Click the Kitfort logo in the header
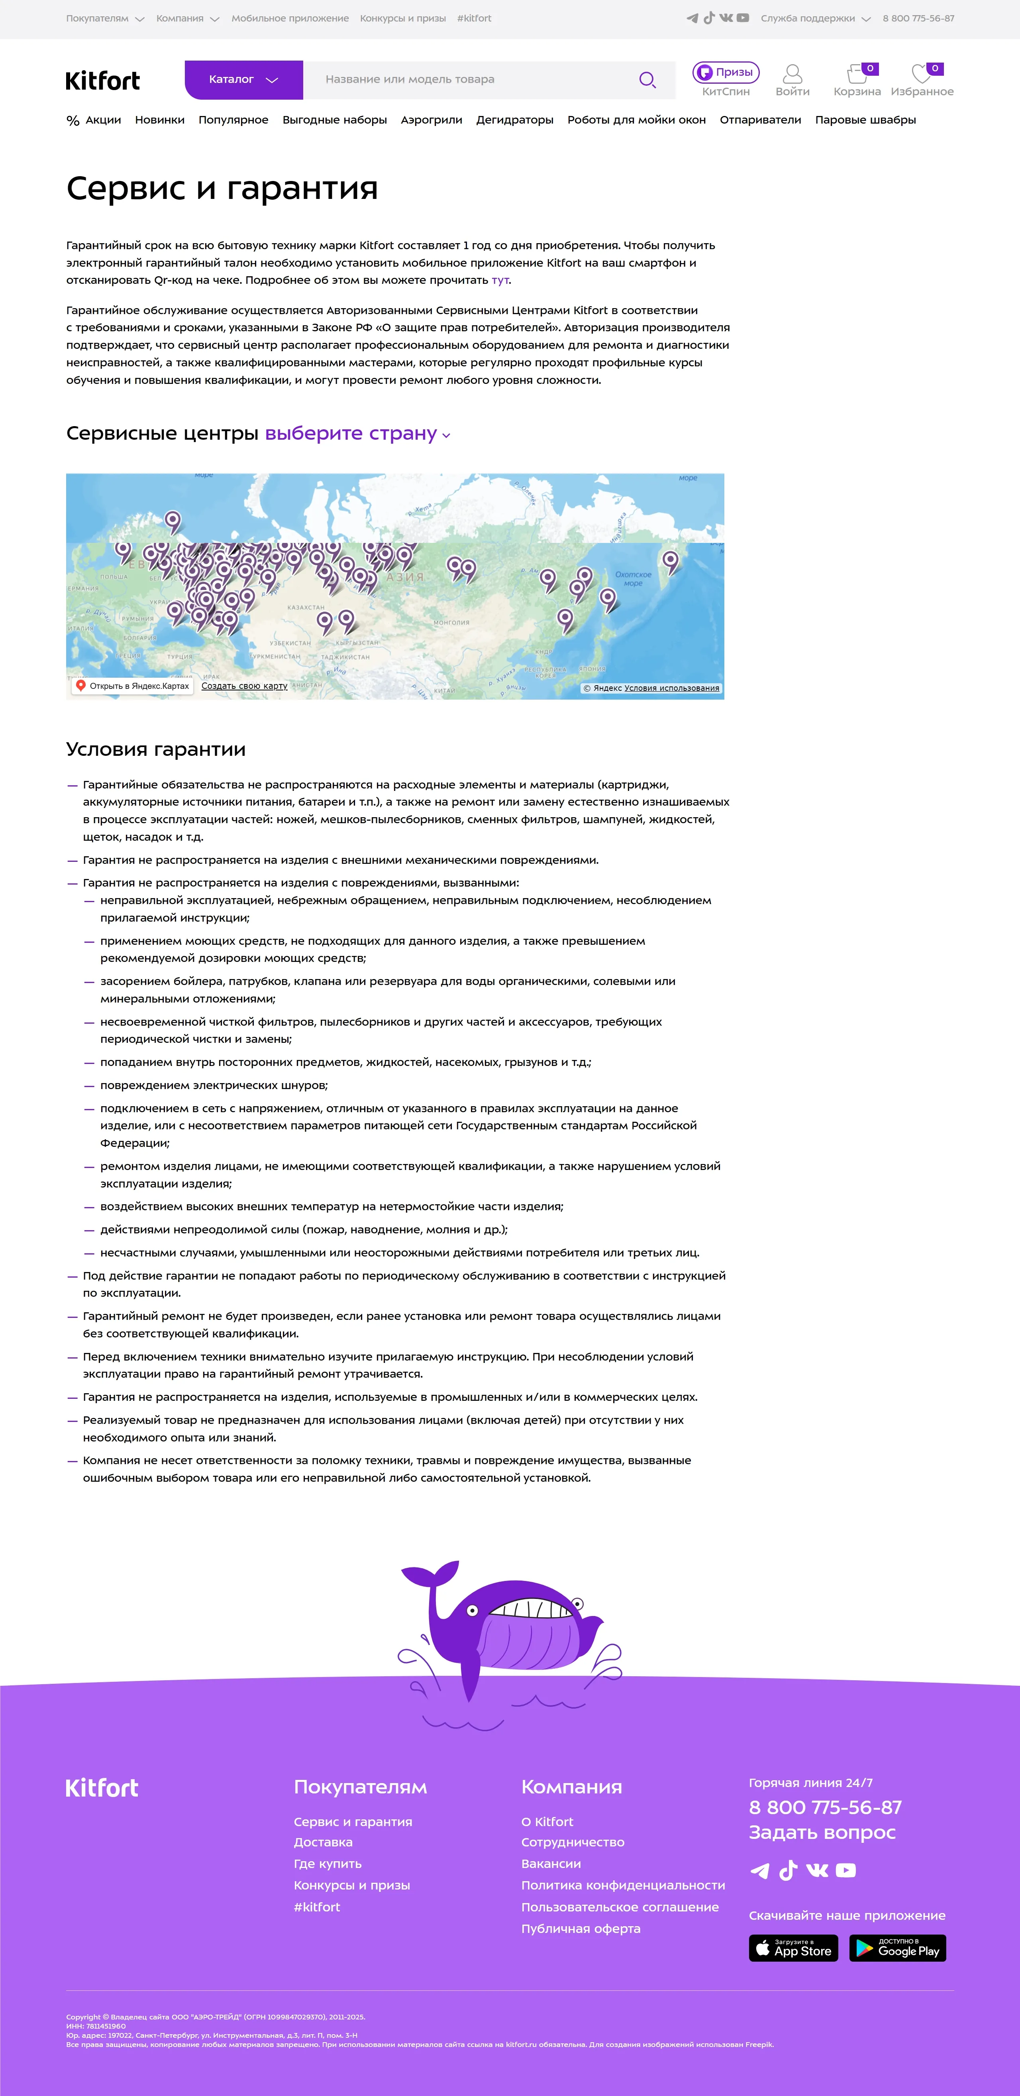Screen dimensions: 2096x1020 pos(102,81)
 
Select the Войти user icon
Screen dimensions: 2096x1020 pos(792,75)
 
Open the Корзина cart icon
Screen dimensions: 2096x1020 pos(857,75)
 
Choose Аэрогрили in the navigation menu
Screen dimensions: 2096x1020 pos(431,120)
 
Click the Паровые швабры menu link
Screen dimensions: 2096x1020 pos(865,120)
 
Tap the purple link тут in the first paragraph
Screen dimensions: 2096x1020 pos(499,280)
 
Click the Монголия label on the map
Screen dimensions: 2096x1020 pos(451,622)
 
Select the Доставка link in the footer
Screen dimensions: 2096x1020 pos(323,1842)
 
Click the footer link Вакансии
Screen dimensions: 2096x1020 pos(551,1863)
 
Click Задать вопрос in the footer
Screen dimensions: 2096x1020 pos(822,1833)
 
